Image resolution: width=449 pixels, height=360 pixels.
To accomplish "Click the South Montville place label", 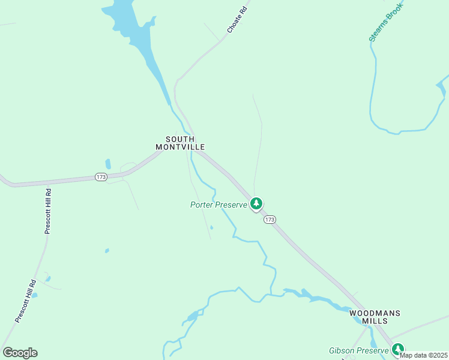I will point(180,143).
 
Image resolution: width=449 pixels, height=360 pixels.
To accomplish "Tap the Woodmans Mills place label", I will point(375,317).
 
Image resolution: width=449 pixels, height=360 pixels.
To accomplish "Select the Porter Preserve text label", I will point(218,205).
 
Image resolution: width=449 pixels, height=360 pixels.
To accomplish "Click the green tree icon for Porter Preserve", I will point(256,204).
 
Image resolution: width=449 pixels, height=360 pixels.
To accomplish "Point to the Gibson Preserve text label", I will point(358,350).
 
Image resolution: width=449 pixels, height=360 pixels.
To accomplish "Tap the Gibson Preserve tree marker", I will point(397,349).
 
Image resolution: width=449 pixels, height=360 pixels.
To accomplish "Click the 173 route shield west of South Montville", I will point(101,177).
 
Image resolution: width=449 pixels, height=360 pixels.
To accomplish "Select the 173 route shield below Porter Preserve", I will point(270,220).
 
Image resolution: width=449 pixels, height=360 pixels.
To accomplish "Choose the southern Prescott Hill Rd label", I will point(26,301).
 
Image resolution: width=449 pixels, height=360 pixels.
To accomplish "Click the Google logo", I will point(20,353).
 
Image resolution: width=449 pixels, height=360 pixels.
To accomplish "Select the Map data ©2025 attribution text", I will point(424,355).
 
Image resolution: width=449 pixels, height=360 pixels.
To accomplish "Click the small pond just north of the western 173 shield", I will point(108,163).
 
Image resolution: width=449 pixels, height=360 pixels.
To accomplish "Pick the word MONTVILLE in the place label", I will point(180,147).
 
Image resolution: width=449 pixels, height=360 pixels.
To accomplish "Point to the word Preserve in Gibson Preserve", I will point(372,350).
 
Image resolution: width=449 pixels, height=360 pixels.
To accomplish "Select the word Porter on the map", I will point(202,205).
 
